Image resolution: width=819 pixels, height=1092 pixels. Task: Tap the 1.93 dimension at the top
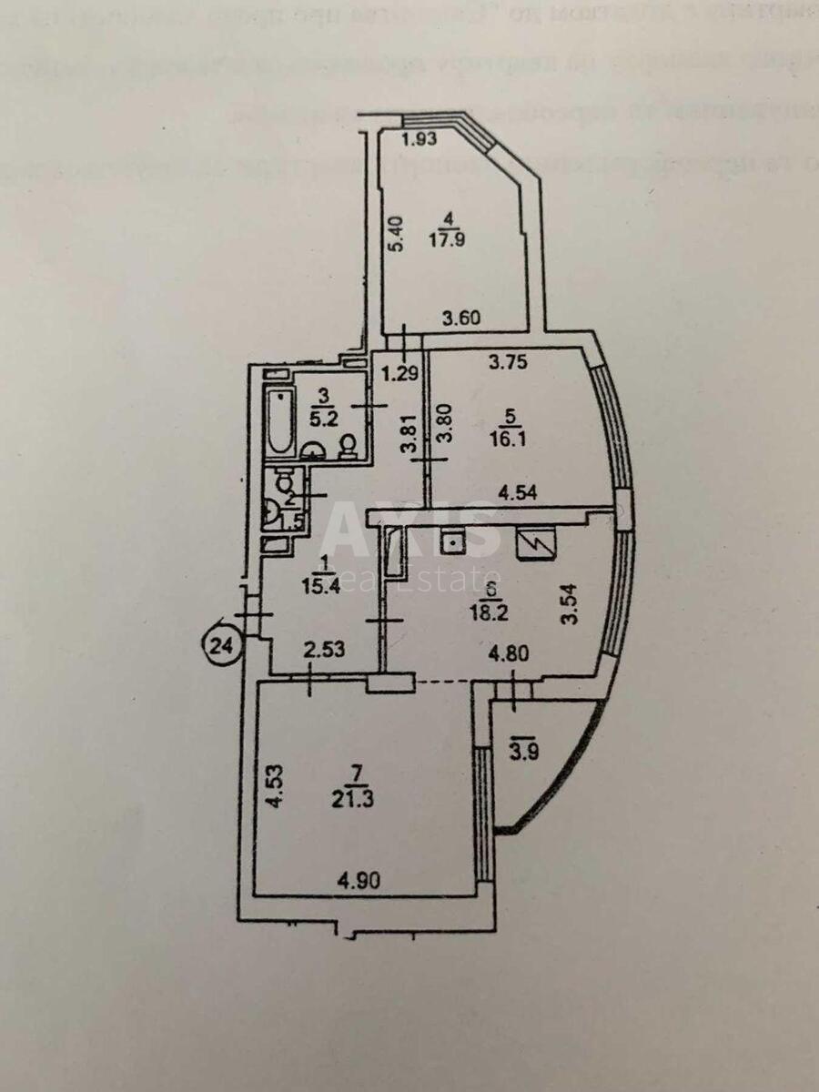421,139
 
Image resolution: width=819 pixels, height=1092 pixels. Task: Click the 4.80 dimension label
510,652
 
